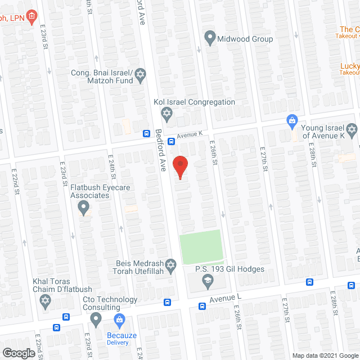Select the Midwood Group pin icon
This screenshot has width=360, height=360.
pyautogui.click(x=210, y=39)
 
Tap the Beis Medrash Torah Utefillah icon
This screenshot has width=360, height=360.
pyautogui.click(x=172, y=263)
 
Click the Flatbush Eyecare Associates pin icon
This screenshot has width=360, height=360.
pyautogui.click(x=84, y=209)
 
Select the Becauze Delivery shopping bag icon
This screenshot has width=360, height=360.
pyautogui.click(x=119, y=321)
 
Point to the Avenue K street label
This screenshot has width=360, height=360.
pyautogui.click(x=189, y=134)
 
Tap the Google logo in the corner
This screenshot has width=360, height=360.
pyautogui.click(x=18, y=353)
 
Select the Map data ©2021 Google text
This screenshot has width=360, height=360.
pyautogui.click(x=324, y=355)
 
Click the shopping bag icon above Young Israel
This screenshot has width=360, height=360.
pyautogui.click(x=292, y=120)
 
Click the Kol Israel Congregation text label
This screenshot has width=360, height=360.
pyautogui.click(x=195, y=102)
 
